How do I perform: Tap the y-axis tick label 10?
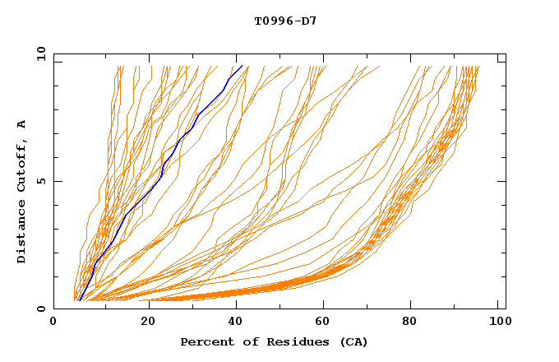(x=39, y=54)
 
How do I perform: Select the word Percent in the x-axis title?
(x=203, y=342)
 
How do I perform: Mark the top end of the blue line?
(x=243, y=66)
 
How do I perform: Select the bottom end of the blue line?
(x=79, y=300)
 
